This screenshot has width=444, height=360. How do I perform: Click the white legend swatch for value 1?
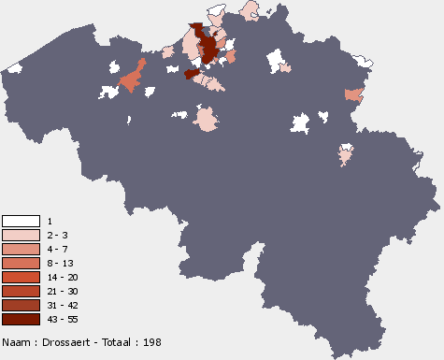pos(21,221)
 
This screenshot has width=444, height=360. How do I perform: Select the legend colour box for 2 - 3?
pos(21,235)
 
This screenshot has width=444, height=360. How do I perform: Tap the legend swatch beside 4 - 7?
pos(21,249)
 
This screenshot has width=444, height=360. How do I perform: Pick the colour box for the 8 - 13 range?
pos(21,264)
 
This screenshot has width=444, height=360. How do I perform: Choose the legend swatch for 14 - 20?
pos(21,278)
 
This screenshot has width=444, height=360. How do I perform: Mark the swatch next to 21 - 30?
pos(21,292)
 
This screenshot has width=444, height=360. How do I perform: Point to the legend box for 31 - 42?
pos(21,306)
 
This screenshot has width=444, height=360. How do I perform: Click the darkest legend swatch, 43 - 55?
pos(21,320)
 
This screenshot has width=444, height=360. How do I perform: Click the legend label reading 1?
pos(50,221)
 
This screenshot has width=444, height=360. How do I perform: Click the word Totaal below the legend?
pos(111,342)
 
